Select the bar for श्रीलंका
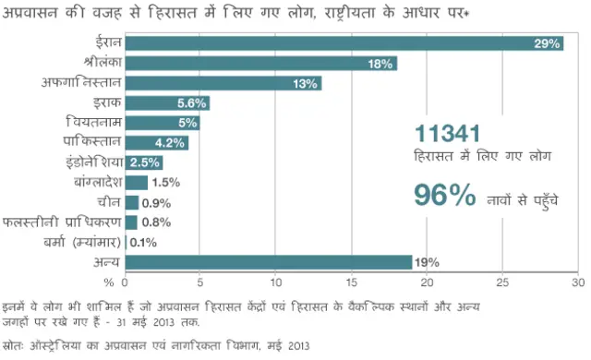click(x=260, y=64)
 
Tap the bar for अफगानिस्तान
click(x=223, y=83)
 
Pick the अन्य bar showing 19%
click(x=268, y=262)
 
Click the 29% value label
click(x=547, y=43)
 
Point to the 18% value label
click(x=380, y=64)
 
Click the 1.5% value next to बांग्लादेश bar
click(x=165, y=183)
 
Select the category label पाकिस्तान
click(x=90, y=143)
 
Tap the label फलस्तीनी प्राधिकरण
click(x=61, y=222)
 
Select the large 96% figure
click(x=444, y=196)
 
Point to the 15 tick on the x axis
click(x=352, y=282)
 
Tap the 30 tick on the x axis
click(x=578, y=282)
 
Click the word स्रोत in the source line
click(x=16, y=345)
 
